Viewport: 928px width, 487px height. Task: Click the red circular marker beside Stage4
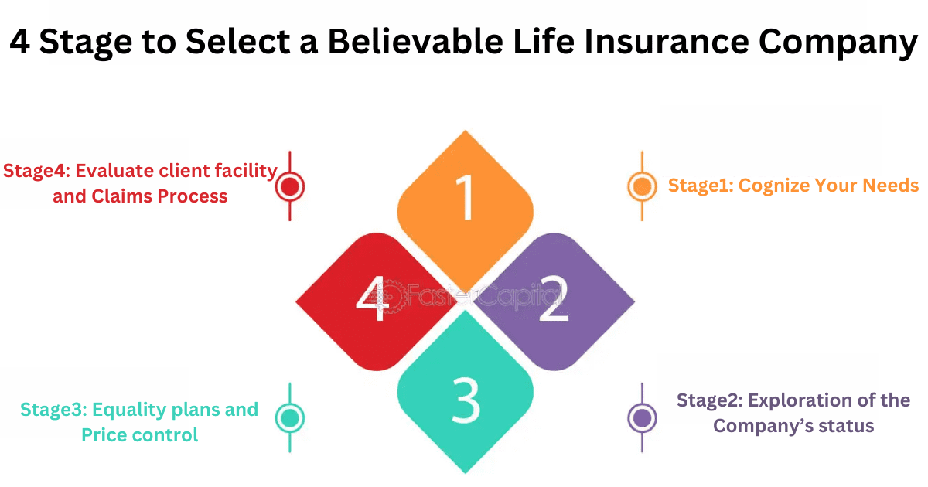tap(290, 186)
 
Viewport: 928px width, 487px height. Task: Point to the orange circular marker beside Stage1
tap(641, 186)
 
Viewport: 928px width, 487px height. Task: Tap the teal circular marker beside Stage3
tap(290, 418)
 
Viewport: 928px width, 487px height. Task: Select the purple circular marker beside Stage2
tap(641, 418)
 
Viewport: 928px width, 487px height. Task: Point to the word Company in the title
tap(838, 42)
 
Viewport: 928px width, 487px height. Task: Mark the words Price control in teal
tap(140, 435)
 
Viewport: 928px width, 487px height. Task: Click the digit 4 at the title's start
tap(20, 42)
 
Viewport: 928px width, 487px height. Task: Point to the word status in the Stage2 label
tap(847, 426)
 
